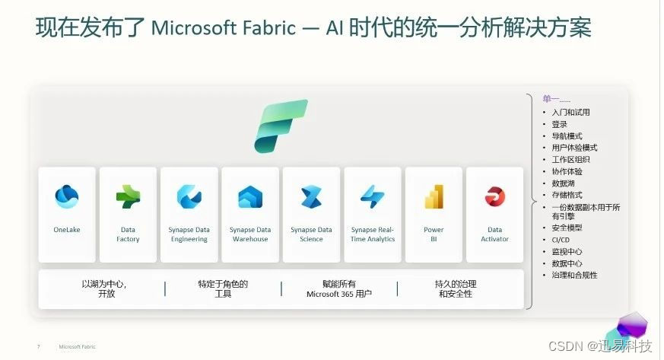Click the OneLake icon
[67, 197]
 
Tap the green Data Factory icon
[128, 197]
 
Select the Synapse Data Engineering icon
[189, 197]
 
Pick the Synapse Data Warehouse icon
[250, 197]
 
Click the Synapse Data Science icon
[311, 197]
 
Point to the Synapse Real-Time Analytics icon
[373, 197]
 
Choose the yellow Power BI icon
[434, 197]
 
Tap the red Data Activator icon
[495, 197]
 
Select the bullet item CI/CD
[561, 240]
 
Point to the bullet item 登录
[560, 124]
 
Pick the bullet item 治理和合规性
[574, 275]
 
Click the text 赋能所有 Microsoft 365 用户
[339, 288]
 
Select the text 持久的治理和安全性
[456, 288]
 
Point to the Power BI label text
[434, 234]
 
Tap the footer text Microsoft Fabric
[78, 347]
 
